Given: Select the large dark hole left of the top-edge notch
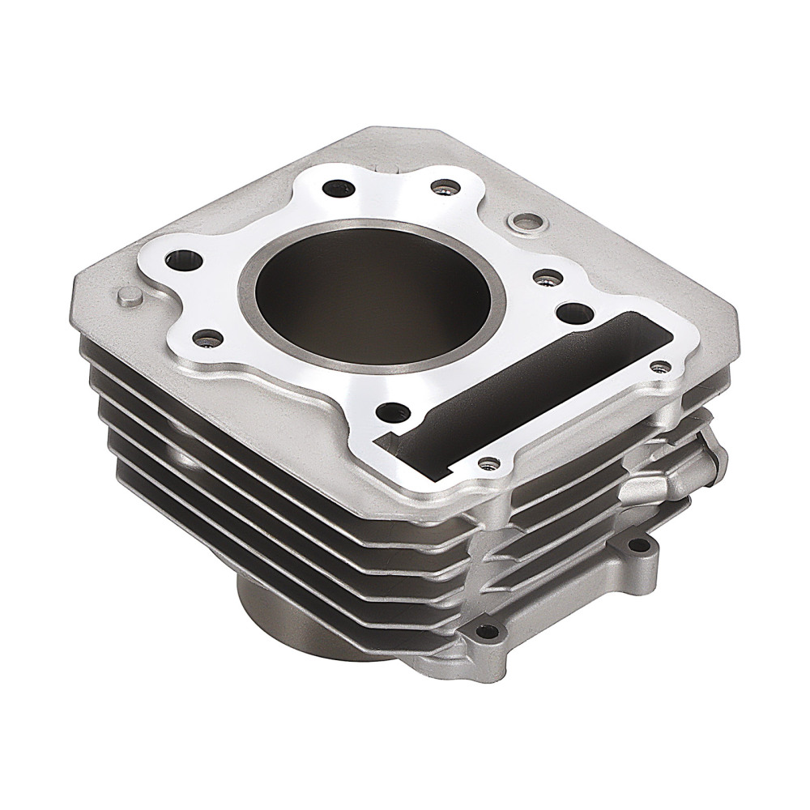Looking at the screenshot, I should pyautogui.click(x=337, y=189).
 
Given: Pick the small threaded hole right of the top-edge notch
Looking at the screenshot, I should pyautogui.click(x=441, y=188).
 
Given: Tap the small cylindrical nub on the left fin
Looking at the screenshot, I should pyautogui.click(x=128, y=296).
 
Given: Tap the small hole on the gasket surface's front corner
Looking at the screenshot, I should pyautogui.click(x=487, y=463).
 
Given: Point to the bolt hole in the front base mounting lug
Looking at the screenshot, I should pyautogui.click(x=484, y=633).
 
